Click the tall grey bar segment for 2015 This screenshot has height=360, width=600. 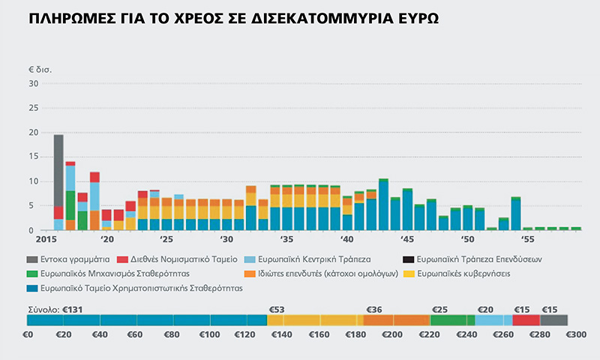pyautogui.click(x=58, y=171)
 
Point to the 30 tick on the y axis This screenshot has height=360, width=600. pyautogui.click(x=34, y=83)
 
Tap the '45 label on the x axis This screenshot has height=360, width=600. pyautogui.click(x=406, y=239)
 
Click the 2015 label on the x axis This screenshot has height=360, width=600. pyautogui.click(x=46, y=239)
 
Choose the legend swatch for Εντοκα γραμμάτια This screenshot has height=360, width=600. pyautogui.click(x=32, y=259)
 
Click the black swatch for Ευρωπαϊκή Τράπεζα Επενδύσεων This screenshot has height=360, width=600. pyautogui.click(x=408, y=259)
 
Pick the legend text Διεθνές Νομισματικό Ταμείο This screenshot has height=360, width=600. pyautogui.click(x=184, y=259)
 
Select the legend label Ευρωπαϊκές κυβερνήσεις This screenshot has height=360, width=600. pyautogui.click(x=463, y=274)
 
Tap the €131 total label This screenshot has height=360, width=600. pyautogui.click(x=73, y=310)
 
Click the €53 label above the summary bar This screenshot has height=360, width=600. pyautogui.click(x=277, y=310)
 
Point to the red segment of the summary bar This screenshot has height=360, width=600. pyautogui.click(x=526, y=320)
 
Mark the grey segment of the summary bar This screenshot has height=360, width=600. pyautogui.click(x=553, y=320)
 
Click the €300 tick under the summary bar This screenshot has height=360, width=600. pyautogui.click(x=576, y=334)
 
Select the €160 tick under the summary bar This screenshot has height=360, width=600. pyautogui.click(x=319, y=334)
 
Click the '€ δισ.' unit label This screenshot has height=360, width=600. pyautogui.click(x=40, y=70)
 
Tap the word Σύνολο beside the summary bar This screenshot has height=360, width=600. pyautogui.click(x=44, y=310)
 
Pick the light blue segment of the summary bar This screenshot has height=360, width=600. pyautogui.click(x=493, y=320)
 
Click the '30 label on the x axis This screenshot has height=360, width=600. pyautogui.click(x=226, y=239)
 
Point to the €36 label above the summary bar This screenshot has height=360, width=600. pyautogui.click(x=374, y=310)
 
